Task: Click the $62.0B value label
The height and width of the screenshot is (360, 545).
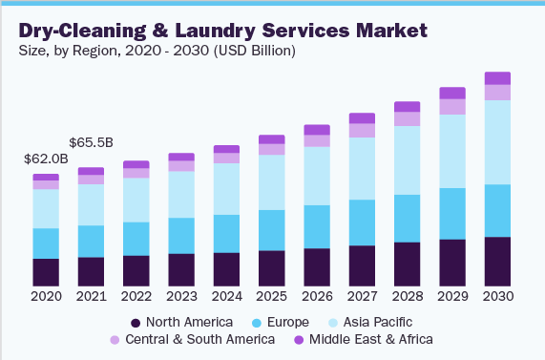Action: (46, 159)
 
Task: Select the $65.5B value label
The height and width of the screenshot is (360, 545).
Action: (91, 142)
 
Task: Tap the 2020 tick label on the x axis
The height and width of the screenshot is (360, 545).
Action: (46, 296)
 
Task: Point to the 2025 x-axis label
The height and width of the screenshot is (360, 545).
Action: (271, 296)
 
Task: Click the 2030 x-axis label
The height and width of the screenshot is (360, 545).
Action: (497, 296)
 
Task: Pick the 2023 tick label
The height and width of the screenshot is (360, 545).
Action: (181, 296)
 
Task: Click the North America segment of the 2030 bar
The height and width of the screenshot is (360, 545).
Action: (497, 261)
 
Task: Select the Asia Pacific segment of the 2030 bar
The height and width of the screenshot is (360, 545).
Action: (497, 142)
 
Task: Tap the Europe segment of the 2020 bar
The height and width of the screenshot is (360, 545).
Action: (46, 244)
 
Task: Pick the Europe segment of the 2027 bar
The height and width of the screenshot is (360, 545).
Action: (362, 222)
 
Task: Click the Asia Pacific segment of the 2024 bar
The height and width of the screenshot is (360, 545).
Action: (226, 189)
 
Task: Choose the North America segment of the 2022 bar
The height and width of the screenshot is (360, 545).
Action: (136, 270)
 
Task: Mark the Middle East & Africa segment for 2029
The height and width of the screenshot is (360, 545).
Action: (452, 93)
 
